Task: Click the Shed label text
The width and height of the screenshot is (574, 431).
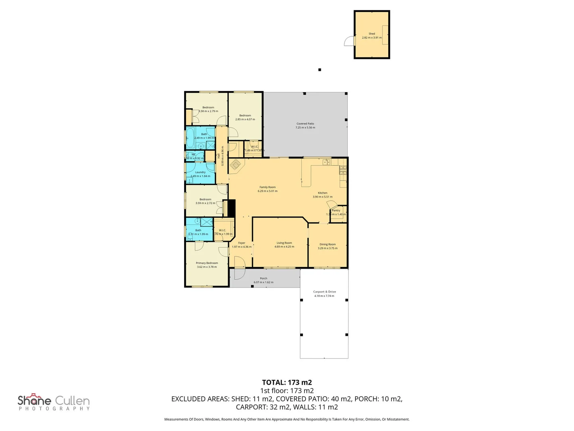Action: click(372, 34)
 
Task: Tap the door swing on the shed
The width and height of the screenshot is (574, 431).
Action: click(350, 41)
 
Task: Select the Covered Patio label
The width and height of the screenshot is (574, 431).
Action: click(305, 124)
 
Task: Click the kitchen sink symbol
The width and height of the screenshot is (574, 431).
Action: click(326, 162)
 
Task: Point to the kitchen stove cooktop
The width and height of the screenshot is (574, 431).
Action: click(343, 170)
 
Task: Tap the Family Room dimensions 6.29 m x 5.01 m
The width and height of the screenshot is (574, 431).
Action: click(267, 191)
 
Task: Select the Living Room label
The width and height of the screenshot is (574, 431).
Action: click(284, 243)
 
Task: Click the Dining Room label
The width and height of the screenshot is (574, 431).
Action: click(327, 244)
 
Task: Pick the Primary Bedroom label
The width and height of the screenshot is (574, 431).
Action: click(207, 263)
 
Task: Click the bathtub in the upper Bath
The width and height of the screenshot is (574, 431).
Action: click(190, 138)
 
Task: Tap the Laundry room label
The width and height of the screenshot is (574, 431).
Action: click(200, 172)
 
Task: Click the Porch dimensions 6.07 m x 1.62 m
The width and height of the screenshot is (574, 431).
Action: click(263, 283)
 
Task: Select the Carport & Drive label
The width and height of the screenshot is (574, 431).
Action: click(324, 292)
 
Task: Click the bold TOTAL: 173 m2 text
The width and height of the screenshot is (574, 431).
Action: click(287, 382)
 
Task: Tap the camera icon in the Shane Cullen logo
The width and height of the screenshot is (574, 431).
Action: click(34, 396)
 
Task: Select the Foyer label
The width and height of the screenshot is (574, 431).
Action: click(242, 243)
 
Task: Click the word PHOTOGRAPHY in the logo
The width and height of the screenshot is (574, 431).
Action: click(54, 409)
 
